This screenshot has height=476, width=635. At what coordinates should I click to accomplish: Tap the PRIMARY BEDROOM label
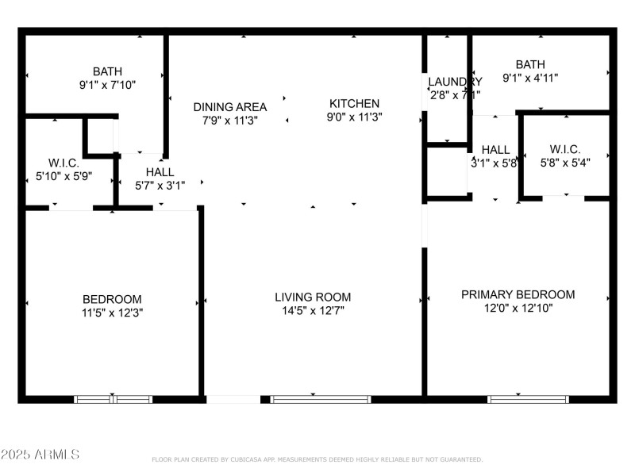coord(518,294)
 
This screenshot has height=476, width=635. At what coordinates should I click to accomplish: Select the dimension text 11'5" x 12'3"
coord(113,313)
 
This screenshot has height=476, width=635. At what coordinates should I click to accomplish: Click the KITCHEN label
coord(354,103)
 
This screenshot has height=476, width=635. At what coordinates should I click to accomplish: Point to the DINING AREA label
coord(230,106)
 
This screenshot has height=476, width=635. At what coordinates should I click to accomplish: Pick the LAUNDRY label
coord(454,82)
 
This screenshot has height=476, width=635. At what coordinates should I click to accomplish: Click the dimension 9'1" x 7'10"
coord(109,85)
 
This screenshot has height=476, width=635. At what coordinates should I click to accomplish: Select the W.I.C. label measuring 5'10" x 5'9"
coord(63,163)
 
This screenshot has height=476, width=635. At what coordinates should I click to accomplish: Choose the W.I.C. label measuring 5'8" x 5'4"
coord(564,149)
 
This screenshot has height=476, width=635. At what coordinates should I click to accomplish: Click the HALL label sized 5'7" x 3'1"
coord(160,171)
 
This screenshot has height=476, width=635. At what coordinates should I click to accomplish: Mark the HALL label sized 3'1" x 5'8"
coord(495,149)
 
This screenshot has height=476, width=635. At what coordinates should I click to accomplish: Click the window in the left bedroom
coord(113,399)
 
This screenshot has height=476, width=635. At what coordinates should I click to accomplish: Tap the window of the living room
coord(312,399)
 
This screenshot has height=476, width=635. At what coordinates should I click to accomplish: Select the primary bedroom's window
coord(518,399)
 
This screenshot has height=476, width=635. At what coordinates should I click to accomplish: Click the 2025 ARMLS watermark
coord(40,455)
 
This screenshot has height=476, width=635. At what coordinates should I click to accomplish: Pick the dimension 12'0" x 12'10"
coord(518,309)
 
